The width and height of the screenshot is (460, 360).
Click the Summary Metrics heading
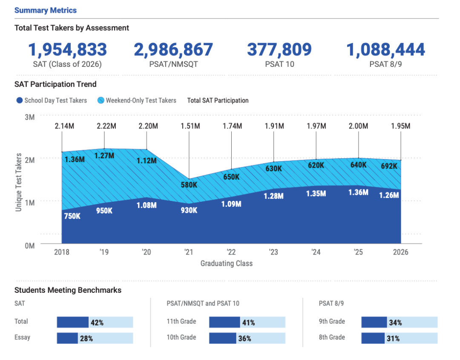point(46,10)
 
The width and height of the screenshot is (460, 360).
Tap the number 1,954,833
point(67,49)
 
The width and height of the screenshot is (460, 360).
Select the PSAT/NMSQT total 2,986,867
point(173,49)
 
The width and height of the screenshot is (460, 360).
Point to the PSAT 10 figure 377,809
point(279,49)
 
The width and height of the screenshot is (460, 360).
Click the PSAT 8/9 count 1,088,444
point(385,49)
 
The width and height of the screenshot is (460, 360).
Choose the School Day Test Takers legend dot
point(19,100)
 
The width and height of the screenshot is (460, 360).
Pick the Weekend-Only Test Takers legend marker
point(101,100)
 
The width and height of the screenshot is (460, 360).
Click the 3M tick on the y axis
point(30,117)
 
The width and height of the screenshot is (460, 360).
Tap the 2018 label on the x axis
point(62,252)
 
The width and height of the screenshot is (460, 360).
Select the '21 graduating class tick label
point(189,252)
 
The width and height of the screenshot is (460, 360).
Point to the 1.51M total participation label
point(190,126)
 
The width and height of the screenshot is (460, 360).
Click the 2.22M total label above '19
point(106,126)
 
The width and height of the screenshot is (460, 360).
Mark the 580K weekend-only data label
point(189,185)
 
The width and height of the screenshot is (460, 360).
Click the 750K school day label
point(72,216)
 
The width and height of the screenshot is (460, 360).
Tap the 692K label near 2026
point(389,166)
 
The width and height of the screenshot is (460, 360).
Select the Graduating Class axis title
point(227,263)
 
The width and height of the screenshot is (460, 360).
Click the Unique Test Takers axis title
point(18,182)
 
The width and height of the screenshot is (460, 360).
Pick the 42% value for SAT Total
point(97,323)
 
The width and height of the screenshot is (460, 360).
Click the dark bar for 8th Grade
point(373,338)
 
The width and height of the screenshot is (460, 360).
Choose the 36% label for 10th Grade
point(244,339)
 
